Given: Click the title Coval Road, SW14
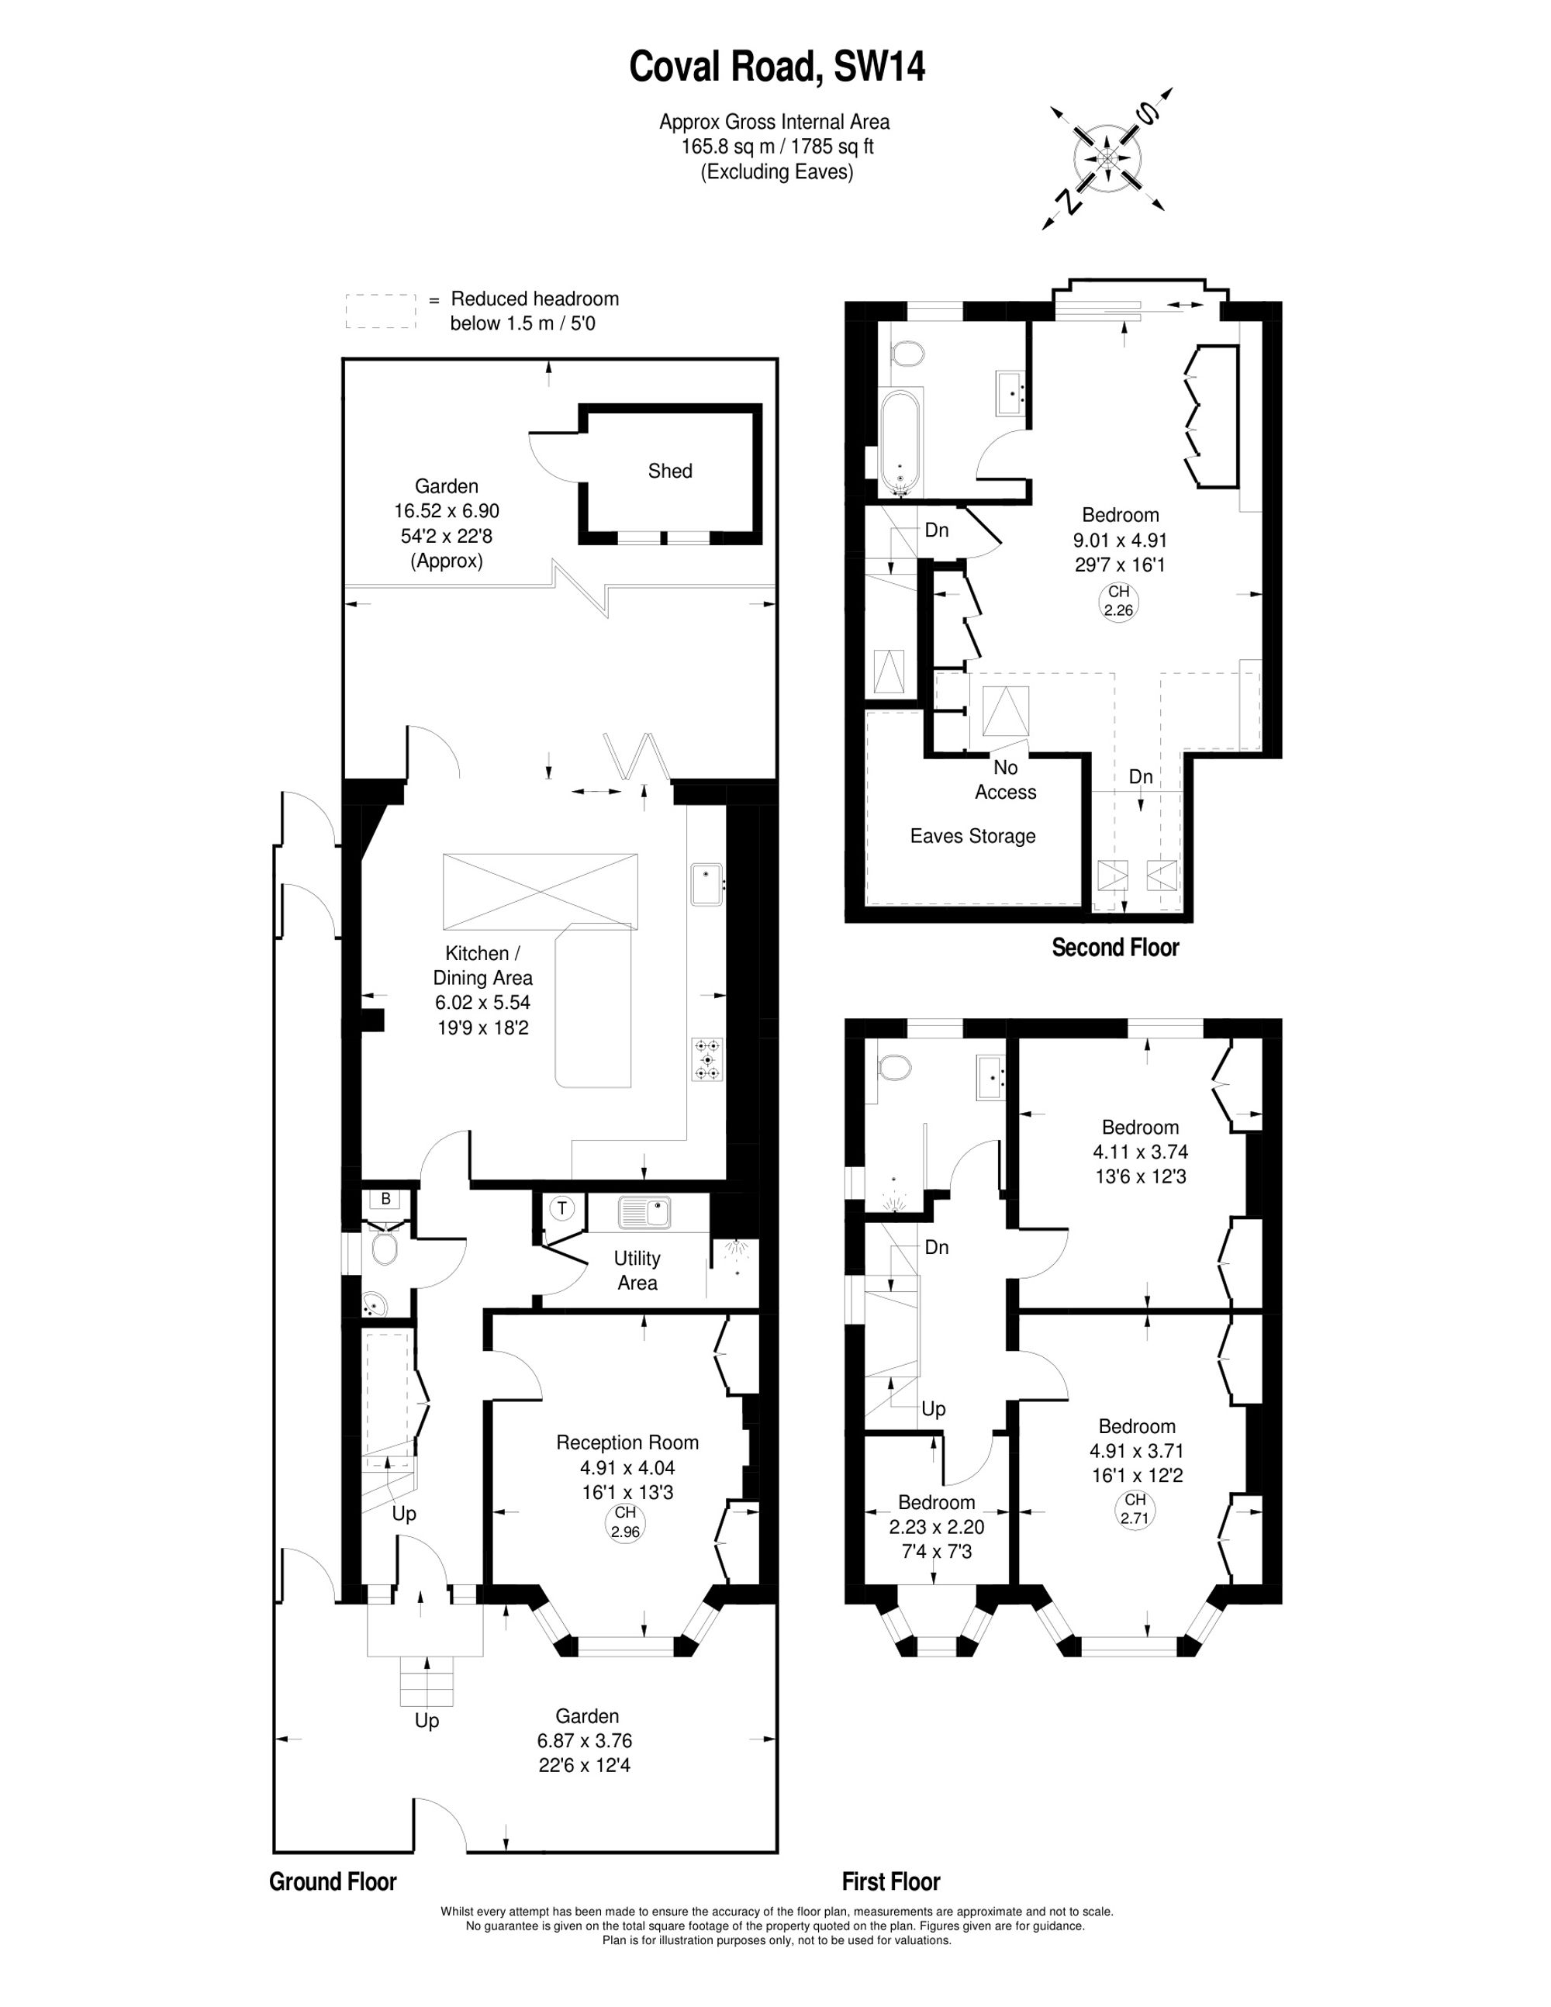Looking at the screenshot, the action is click(776, 67).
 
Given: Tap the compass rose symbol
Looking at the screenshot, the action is click(1108, 159).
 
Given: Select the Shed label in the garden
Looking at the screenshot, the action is click(670, 471).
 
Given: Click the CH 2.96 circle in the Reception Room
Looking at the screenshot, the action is click(625, 1523).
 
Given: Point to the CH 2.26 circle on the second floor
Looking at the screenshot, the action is click(1118, 601).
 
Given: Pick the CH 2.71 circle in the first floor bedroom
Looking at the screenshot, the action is click(1135, 1510).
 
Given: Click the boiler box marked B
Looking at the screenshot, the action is click(386, 1198).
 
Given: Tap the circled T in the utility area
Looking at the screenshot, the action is click(562, 1207).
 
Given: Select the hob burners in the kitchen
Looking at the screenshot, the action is click(707, 1059).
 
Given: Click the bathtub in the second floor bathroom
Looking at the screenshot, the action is click(900, 442).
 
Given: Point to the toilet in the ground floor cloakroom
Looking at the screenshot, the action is click(382, 1248).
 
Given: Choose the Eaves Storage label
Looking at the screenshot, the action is click(972, 836).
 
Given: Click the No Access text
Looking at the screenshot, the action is click(1005, 779).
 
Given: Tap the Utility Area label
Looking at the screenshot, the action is click(637, 1270).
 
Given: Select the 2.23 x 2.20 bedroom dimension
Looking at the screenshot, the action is click(936, 1526).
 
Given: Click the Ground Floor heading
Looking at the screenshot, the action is click(333, 1881).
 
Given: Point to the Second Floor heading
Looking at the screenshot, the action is click(1115, 947).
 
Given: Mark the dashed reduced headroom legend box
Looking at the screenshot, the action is click(382, 312).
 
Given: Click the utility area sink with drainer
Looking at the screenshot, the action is click(646, 1212).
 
